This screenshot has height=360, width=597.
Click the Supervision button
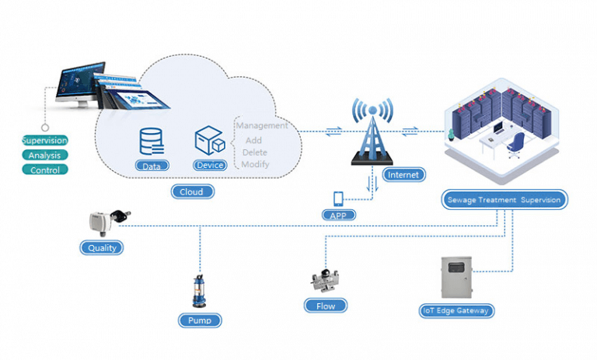pos(44,141)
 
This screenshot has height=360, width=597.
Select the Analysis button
pos(44,155)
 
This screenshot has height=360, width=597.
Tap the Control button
pos(44,170)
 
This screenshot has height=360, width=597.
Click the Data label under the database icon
pos(152,166)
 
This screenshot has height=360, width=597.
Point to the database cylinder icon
pos(152,141)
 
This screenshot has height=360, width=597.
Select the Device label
pos(210,165)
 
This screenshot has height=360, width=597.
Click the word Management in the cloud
pos(262,125)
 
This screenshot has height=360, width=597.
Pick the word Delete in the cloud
pos(254,152)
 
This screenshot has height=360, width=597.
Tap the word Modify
pos(255,165)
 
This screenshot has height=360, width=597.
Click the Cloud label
pos(191,191)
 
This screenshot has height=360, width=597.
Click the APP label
pos(338,215)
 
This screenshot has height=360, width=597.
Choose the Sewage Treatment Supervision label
pos(504,200)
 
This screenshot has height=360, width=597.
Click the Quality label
pos(101,248)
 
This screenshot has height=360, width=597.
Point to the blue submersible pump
pos(197,292)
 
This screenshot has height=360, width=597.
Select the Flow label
pos(325,306)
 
